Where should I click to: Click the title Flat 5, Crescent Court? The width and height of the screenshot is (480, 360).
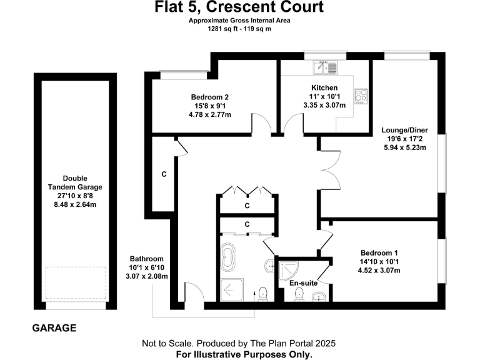click(x=239, y=7)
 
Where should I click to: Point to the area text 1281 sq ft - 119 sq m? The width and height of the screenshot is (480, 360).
click(x=240, y=28)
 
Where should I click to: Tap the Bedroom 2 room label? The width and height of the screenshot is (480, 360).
click(x=209, y=97)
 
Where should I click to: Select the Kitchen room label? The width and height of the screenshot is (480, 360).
click(x=324, y=87)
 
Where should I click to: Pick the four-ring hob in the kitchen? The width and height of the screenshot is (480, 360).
click(x=361, y=96)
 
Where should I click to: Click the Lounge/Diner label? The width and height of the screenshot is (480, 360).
click(x=404, y=130)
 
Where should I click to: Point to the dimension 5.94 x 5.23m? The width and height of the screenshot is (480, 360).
click(x=404, y=148)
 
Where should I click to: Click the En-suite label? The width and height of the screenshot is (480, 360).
click(x=303, y=283)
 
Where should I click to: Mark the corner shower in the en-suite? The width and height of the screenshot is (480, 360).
click(x=289, y=269)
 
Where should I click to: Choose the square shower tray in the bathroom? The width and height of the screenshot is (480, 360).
click(x=231, y=289)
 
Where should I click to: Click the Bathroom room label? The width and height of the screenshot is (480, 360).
click(x=146, y=259)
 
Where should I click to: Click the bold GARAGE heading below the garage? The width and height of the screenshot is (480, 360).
click(x=54, y=327)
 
